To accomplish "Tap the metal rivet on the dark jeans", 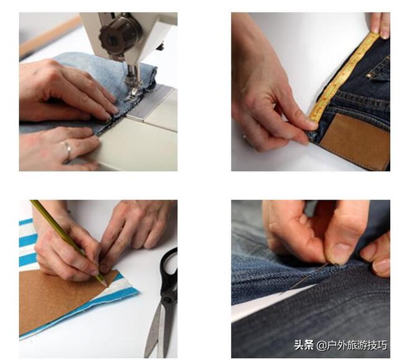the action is point(370,75).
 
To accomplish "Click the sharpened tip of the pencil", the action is point(106,286).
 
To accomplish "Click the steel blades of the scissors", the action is point(157,329).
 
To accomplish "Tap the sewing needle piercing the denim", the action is point(304,279).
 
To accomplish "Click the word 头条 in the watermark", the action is point(304,345).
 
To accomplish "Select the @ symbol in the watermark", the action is point(321,346).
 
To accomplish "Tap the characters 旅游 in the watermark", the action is point(357,345).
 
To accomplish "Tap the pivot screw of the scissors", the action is point(167,301).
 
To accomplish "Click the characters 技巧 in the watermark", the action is point(377,345).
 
